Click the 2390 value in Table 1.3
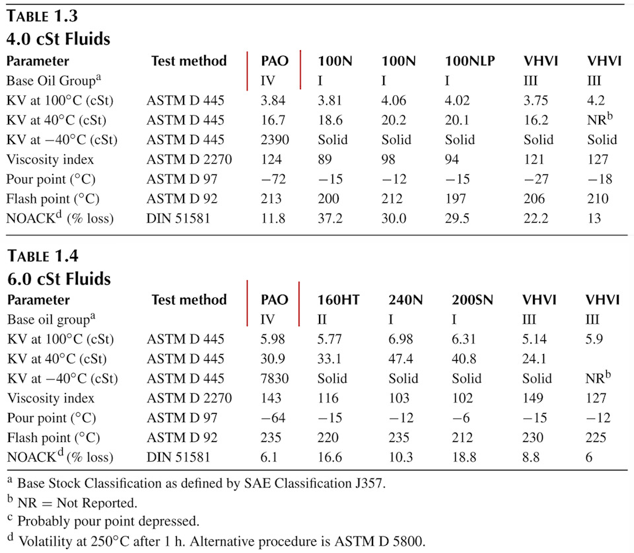click(275, 139)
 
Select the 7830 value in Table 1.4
click(275, 378)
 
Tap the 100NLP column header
click(470, 61)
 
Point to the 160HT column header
click(338, 300)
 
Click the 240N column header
click(405, 300)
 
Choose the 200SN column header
click(472, 300)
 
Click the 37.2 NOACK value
click(330, 219)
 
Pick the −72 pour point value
click(273, 179)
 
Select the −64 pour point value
click(273, 418)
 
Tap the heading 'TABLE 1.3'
click(42, 16)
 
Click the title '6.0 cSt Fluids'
click(59, 279)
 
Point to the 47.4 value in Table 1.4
click(401, 359)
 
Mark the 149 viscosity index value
click(532, 398)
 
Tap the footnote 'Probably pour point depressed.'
click(108, 521)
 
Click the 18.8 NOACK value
click(464, 457)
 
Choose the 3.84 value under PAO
click(273, 100)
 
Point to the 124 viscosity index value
click(271, 159)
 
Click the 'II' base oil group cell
click(322, 320)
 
